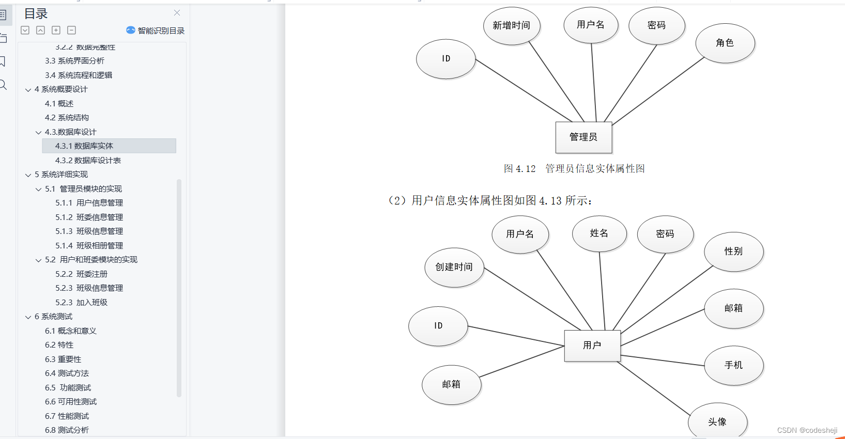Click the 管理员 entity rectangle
click(x=583, y=137)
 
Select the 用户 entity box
click(x=592, y=346)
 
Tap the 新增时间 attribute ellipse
click(x=511, y=26)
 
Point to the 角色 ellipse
click(x=725, y=43)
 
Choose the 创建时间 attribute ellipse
click(x=454, y=267)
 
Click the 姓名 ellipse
click(x=599, y=233)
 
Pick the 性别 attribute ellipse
click(x=733, y=252)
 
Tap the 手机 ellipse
click(x=733, y=365)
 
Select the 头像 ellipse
click(x=717, y=422)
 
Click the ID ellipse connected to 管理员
click(x=445, y=59)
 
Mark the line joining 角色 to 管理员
click(x=658, y=91)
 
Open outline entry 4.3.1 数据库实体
click(x=84, y=146)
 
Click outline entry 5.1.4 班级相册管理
click(x=89, y=246)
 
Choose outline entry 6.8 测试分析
click(x=67, y=430)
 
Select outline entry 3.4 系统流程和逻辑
click(x=79, y=75)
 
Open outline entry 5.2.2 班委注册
click(x=81, y=274)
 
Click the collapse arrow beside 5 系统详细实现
click(x=28, y=175)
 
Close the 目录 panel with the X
click(x=177, y=13)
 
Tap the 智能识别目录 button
click(x=156, y=30)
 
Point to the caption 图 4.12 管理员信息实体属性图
click(x=574, y=169)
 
